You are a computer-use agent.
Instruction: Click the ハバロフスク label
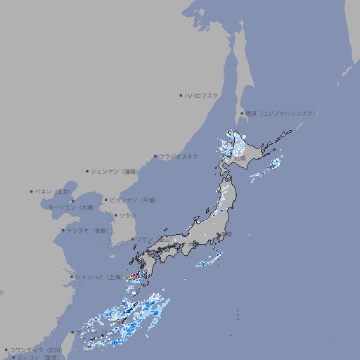point(202,96)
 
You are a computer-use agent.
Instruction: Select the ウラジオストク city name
point(179,156)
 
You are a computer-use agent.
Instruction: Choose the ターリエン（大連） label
point(70,207)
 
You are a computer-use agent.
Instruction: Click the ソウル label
point(127,215)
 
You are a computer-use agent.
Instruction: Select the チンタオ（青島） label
point(87,230)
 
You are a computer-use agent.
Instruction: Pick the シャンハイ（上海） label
point(98,277)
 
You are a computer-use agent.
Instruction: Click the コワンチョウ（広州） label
point(36,349)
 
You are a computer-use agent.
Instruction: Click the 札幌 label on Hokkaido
point(240,159)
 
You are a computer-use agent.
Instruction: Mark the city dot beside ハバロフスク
point(181,96)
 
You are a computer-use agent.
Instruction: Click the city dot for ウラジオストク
point(155,156)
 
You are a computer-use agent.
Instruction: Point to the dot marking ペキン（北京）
point(32,191)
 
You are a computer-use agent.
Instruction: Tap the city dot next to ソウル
point(115,215)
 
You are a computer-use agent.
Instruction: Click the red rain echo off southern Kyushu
point(133,278)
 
